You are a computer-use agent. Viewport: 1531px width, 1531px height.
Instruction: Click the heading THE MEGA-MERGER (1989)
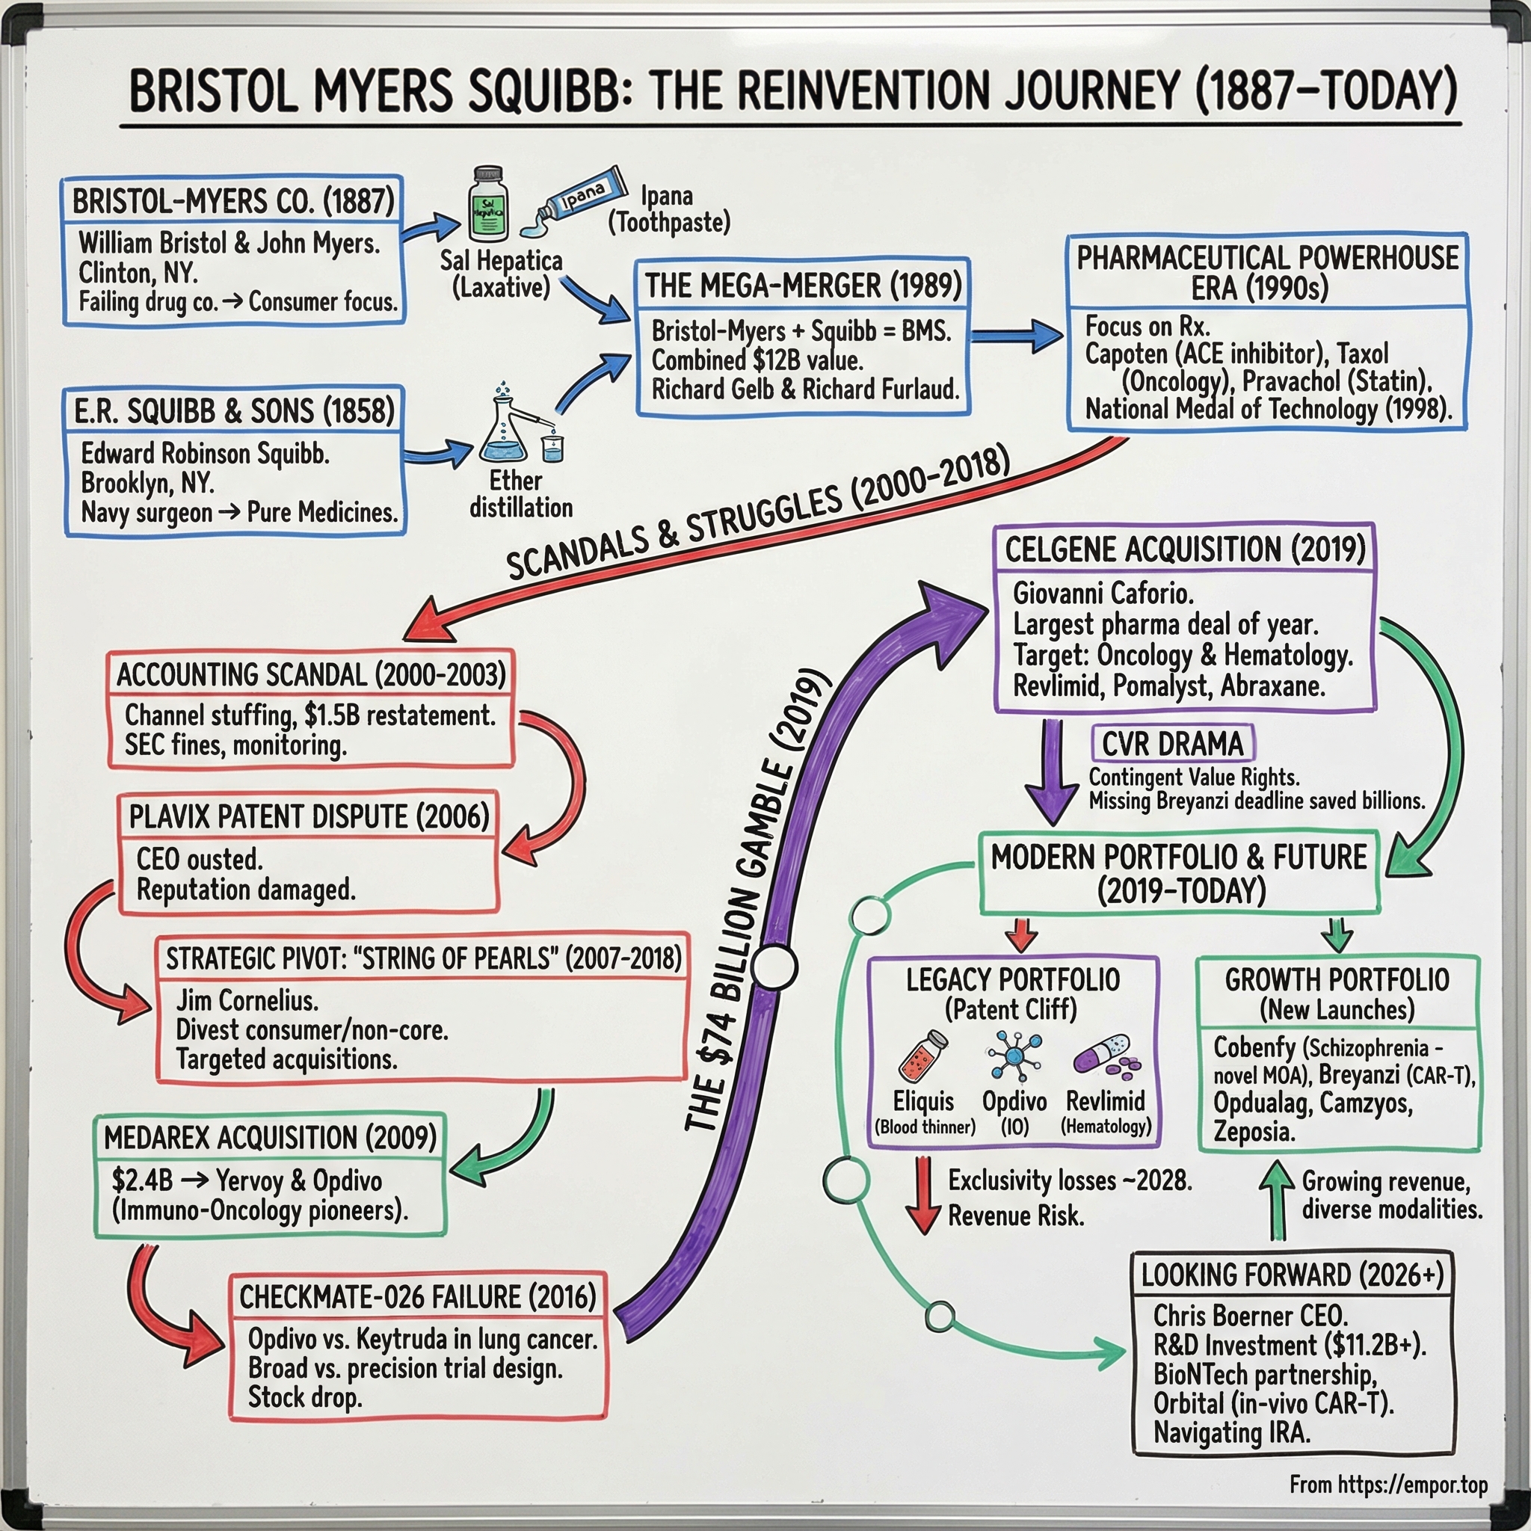pos(803,286)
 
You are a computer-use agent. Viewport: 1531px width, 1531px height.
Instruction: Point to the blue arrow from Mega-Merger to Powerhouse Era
pos(1017,336)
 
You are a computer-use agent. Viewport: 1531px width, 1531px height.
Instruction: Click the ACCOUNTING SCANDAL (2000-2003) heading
pos(311,674)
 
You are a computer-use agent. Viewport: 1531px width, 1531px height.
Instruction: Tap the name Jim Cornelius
pos(247,1001)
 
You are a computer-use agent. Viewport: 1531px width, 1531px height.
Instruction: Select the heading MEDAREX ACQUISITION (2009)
pos(270,1138)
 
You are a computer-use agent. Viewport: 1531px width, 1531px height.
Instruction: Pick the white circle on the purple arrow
pos(774,967)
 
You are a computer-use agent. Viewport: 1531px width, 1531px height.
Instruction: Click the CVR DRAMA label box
pos(1172,744)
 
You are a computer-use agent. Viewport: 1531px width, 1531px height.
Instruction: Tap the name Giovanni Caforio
pos(1103,593)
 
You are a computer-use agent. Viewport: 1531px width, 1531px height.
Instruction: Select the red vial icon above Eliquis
pos(923,1056)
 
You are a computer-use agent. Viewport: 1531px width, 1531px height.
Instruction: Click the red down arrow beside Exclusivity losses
pos(922,1196)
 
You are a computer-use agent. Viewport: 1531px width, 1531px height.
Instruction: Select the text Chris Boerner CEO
pos(1250,1316)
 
